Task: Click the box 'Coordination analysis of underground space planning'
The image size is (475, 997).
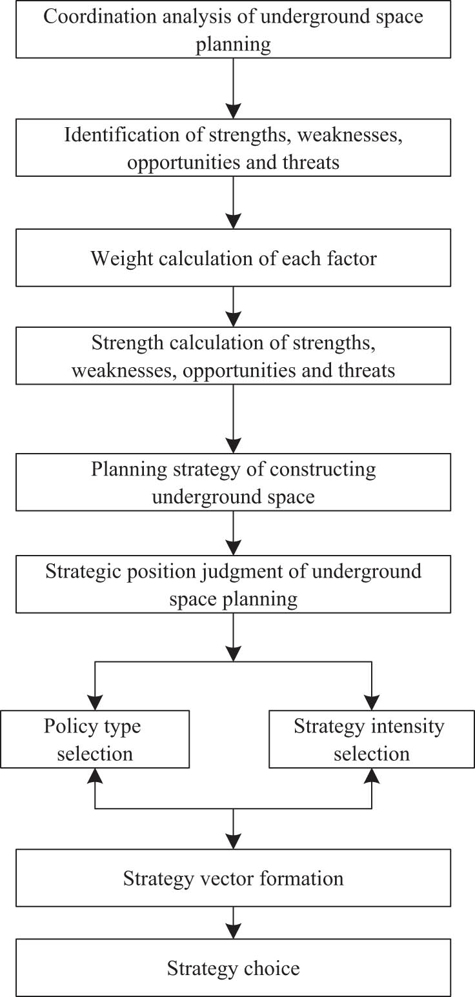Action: coord(233,30)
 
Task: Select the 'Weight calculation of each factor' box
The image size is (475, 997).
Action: coord(233,259)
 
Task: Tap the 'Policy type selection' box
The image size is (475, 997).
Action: coord(95,739)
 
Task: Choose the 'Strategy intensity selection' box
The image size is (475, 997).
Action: coord(371,739)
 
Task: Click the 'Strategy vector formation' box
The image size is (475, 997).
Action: coord(233,878)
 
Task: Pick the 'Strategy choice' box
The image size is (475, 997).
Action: coord(233,968)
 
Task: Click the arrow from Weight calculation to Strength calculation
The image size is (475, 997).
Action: coord(233,307)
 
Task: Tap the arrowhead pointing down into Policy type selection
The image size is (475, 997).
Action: coord(95,702)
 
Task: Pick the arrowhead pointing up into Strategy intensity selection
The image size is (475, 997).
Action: coord(372,776)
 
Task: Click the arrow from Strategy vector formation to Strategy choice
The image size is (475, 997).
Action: coord(233,923)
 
